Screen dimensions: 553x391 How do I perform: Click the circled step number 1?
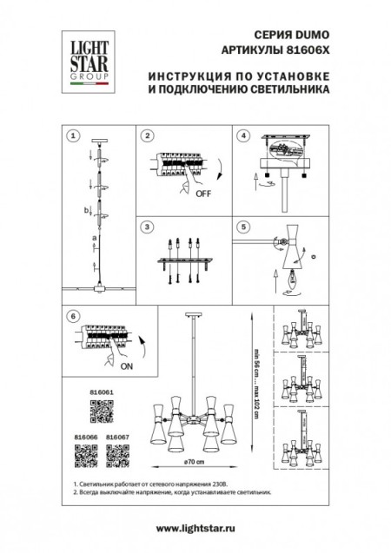[74, 136]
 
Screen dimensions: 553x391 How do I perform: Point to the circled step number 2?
[149, 136]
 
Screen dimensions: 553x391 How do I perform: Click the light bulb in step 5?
[292, 282]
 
